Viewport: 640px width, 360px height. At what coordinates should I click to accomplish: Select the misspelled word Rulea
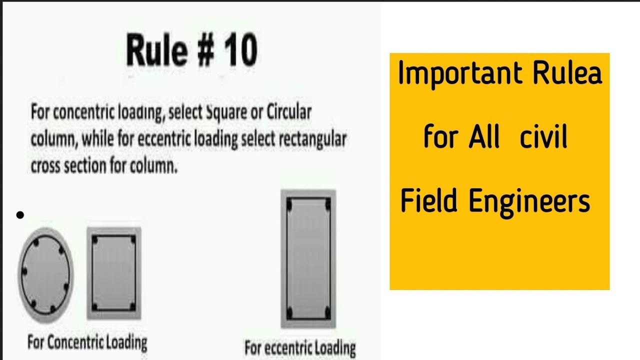(567, 73)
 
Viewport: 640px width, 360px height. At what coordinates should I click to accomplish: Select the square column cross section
(114, 273)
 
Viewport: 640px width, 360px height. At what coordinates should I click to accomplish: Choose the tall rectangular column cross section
(308, 258)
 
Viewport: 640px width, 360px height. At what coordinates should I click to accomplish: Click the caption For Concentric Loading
(87, 343)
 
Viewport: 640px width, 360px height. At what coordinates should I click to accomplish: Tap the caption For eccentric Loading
(300, 347)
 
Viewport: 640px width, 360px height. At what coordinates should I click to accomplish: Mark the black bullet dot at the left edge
(20, 215)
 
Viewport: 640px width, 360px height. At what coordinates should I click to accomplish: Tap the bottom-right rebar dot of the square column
(132, 306)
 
